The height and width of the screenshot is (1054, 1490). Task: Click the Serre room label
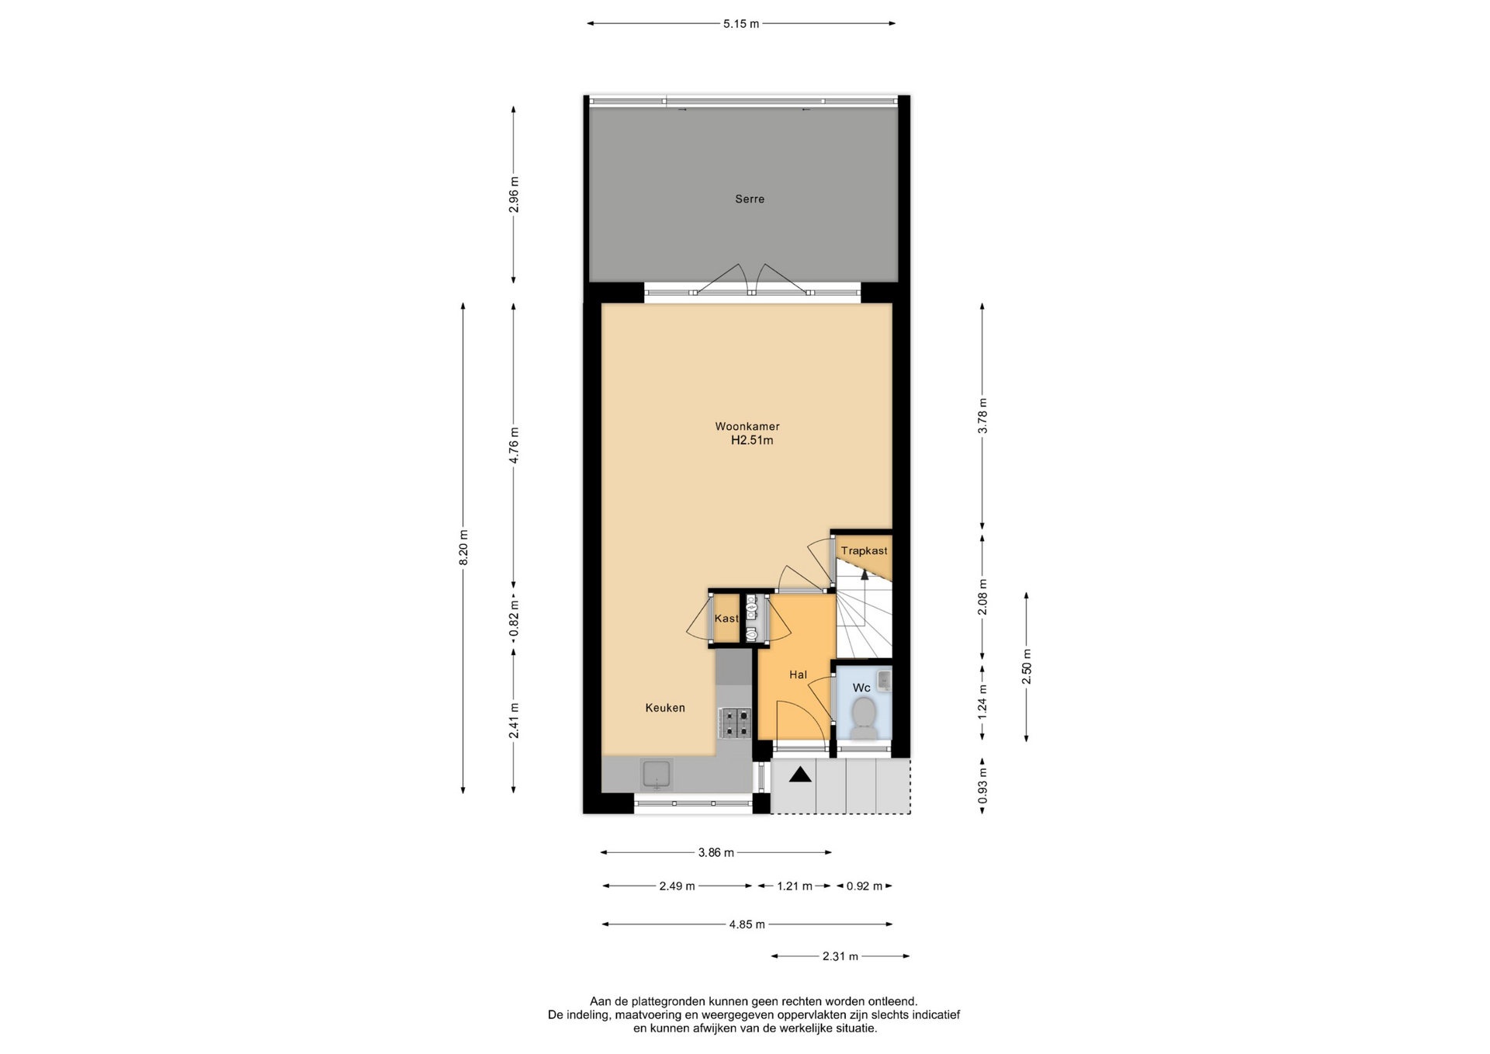click(x=750, y=199)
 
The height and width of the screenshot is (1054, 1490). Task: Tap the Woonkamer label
click(x=747, y=426)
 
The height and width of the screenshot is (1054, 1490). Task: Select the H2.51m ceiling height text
click(x=752, y=441)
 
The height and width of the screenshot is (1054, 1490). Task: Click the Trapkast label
click(x=864, y=551)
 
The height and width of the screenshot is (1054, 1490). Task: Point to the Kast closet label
click(x=726, y=619)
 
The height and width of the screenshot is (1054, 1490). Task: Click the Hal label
click(x=798, y=674)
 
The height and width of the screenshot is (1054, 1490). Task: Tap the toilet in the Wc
click(x=864, y=718)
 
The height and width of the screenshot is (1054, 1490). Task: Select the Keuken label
click(x=665, y=708)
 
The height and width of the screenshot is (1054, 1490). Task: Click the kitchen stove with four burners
click(x=734, y=723)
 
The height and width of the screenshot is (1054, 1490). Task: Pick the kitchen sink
click(x=657, y=774)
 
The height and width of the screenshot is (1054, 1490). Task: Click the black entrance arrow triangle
click(x=800, y=775)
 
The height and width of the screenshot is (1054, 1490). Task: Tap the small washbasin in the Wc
click(x=884, y=681)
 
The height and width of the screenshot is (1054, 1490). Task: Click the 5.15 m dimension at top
click(x=741, y=24)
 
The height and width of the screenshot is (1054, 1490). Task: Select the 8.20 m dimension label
click(x=463, y=547)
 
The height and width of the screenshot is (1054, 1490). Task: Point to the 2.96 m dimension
click(x=513, y=195)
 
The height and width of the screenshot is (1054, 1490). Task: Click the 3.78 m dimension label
click(x=982, y=416)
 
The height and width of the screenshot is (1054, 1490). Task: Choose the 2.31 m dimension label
click(x=840, y=956)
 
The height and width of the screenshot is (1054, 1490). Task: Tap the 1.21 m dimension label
click(x=795, y=886)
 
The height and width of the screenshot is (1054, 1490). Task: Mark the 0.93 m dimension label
click(x=982, y=785)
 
